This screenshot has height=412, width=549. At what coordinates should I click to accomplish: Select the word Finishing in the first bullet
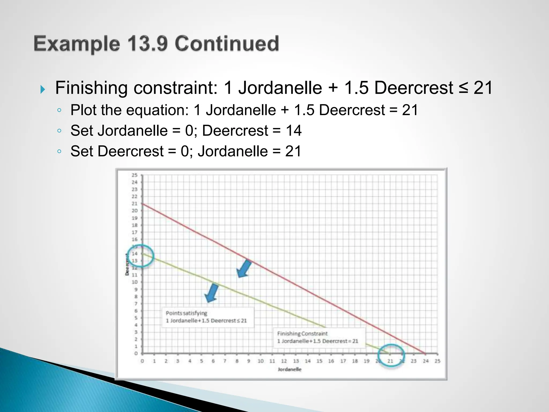(x=91, y=88)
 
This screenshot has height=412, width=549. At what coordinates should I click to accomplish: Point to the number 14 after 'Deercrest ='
(x=294, y=131)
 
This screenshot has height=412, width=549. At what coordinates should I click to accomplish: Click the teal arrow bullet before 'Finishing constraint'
(x=43, y=89)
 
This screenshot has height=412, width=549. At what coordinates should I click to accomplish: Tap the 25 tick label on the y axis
(x=135, y=175)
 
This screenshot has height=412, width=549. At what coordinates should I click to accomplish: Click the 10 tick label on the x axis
(x=261, y=361)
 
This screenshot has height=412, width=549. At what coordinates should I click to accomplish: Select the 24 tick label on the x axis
(x=426, y=361)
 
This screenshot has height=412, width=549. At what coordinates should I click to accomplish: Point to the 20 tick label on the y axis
(x=135, y=211)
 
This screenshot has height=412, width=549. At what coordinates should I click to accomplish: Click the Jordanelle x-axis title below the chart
(x=290, y=369)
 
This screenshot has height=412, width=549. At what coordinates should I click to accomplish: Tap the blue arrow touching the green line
(x=212, y=293)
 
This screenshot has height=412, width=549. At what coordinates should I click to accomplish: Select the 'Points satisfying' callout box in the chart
(x=207, y=317)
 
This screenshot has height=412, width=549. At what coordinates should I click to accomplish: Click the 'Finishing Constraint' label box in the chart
(x=319, y=337)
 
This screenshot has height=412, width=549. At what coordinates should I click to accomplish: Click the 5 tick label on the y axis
(x=136, y=318)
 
